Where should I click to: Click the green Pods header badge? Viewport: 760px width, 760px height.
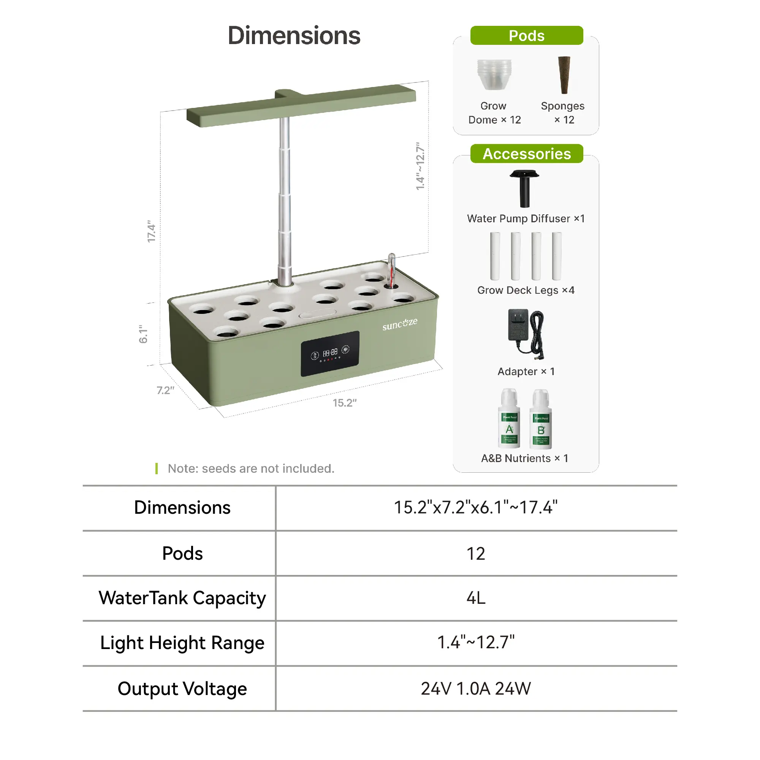tap(526, 35)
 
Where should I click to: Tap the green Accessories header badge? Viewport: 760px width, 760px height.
tap(526, 154)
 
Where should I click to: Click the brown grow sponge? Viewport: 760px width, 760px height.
tap(564, 75)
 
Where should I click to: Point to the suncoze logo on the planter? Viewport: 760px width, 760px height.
tap(400, 324)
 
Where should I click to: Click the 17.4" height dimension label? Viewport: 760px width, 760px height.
tap(152, 231)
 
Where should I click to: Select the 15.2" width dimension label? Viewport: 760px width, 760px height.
tap(345, 403)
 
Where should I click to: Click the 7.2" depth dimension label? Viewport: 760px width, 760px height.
tap(165, 390)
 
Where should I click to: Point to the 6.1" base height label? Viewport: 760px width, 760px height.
tap(143, 334)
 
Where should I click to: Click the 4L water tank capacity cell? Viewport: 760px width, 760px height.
tap(476, 598)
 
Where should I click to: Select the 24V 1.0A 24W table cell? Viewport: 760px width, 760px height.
tap(476, 689)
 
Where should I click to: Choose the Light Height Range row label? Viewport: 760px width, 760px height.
tap(182, 643)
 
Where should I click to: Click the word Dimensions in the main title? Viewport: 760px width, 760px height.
tap(294, 35)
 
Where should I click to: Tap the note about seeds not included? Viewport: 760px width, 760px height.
tap(250, 469)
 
